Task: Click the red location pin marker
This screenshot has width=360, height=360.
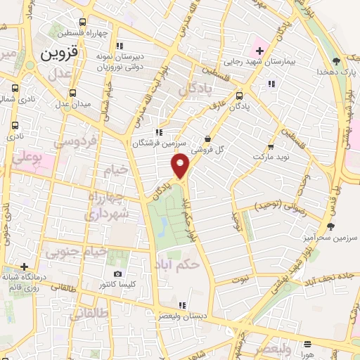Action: [x=181, y=166]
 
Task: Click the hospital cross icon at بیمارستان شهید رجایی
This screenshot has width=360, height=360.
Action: [x=259, y=51]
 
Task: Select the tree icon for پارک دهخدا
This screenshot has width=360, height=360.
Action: [x=337, y=60]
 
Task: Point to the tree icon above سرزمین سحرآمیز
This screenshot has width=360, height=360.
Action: [x=330, y=226]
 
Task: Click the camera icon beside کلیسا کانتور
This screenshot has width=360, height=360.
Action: [x=117, y=274]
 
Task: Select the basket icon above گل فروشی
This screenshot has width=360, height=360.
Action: [x=208, y=139]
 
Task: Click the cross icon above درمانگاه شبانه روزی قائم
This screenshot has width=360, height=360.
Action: [x=25, y=266]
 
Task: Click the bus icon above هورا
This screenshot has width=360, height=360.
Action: [x=309, y=344]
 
